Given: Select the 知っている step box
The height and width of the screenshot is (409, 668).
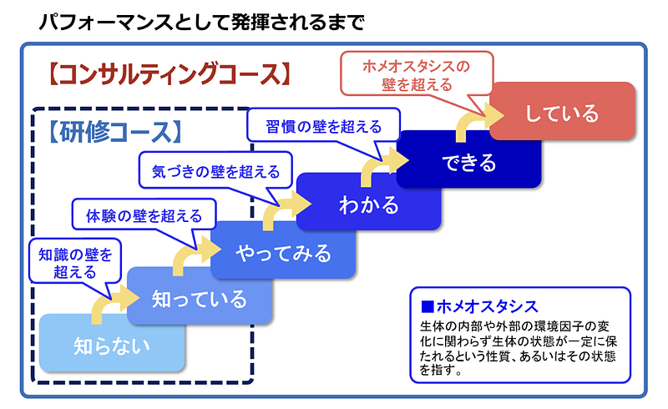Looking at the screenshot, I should pyautogui.click(x=200, y=298).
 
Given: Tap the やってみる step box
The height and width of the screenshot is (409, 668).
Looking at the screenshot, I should pyautogui.click(x=283, y=252).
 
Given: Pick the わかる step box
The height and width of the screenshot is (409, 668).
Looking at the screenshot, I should pyautogui.click(x=368, y=204).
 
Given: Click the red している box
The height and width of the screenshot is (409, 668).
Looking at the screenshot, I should pyautogui.click(x=562, y=112).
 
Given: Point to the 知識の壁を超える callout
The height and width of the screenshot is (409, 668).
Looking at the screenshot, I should pyautogui.click(x=73, y=261).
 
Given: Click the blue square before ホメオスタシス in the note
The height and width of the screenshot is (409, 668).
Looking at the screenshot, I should pyautogui.click(x=428, y=306).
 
